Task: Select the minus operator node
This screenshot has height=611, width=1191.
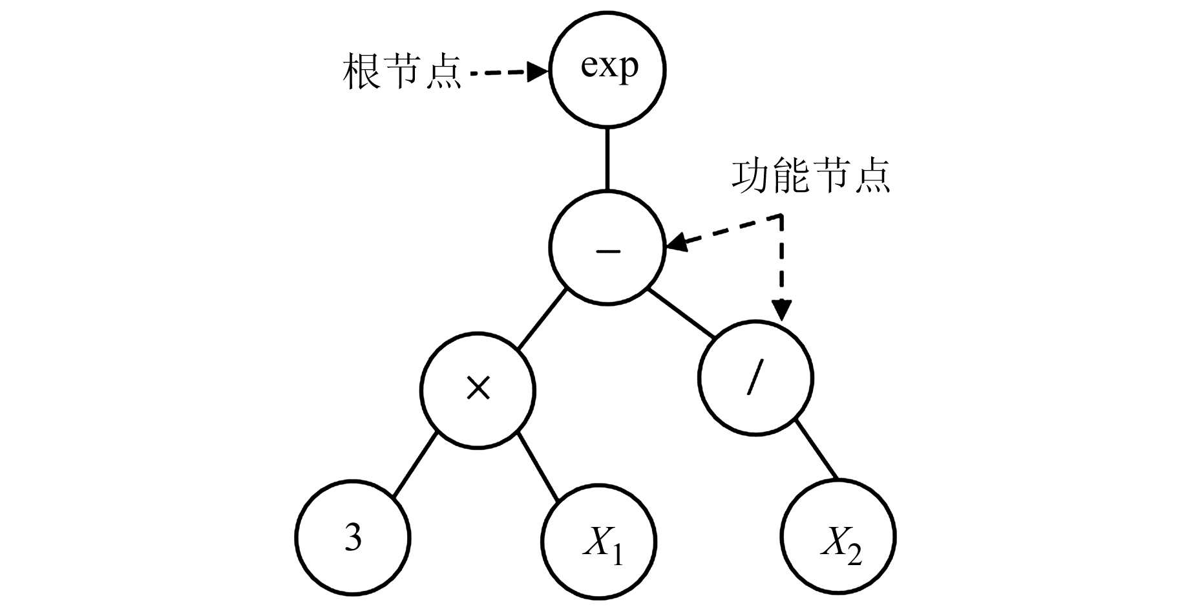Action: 607,248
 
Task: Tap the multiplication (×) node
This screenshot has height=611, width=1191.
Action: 478,390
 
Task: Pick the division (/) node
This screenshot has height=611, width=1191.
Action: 755,378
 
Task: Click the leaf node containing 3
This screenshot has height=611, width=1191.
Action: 353,536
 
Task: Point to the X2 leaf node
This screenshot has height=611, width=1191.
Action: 838,537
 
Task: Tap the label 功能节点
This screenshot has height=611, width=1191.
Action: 810,175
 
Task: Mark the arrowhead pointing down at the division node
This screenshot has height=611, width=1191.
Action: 783,310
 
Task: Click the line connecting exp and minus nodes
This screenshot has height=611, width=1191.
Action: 607,158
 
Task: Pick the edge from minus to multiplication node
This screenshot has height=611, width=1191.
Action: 543,319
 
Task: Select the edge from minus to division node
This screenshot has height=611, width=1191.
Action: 681,315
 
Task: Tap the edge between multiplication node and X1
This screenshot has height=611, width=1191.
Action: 539,468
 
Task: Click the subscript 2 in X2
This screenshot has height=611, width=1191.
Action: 854,554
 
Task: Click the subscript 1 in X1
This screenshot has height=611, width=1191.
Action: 617,554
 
